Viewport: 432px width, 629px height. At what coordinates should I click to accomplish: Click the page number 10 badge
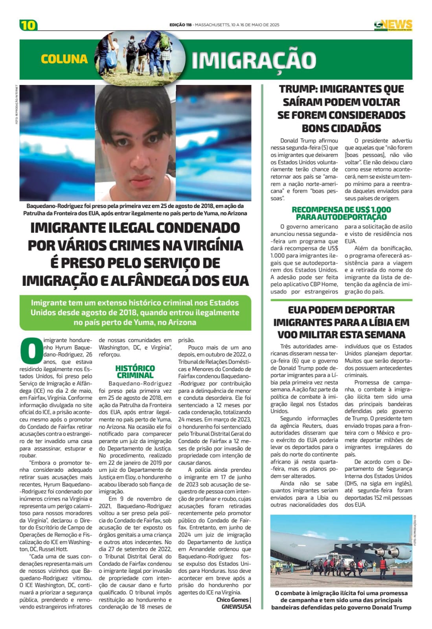click(28, 25)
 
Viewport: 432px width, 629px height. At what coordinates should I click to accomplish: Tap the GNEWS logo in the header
click(393, 25)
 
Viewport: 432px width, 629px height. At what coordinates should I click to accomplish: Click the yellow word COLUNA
click(64, 59)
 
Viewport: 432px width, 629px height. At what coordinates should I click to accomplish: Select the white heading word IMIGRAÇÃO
click(254, 60)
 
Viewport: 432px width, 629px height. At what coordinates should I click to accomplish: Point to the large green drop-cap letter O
click(31, 351)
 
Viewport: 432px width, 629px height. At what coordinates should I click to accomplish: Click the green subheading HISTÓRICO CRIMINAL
click(135, 372)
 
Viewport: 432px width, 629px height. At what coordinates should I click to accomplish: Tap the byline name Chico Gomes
click(232, 600)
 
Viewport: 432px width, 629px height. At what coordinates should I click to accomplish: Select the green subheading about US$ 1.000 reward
click(341, 213)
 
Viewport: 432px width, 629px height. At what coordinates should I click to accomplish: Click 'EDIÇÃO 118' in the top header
click(180, 25)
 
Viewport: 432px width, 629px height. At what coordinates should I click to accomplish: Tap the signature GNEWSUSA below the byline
click(236, 607)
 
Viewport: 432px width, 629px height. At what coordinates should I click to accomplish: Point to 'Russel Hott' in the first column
click(53, 549)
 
